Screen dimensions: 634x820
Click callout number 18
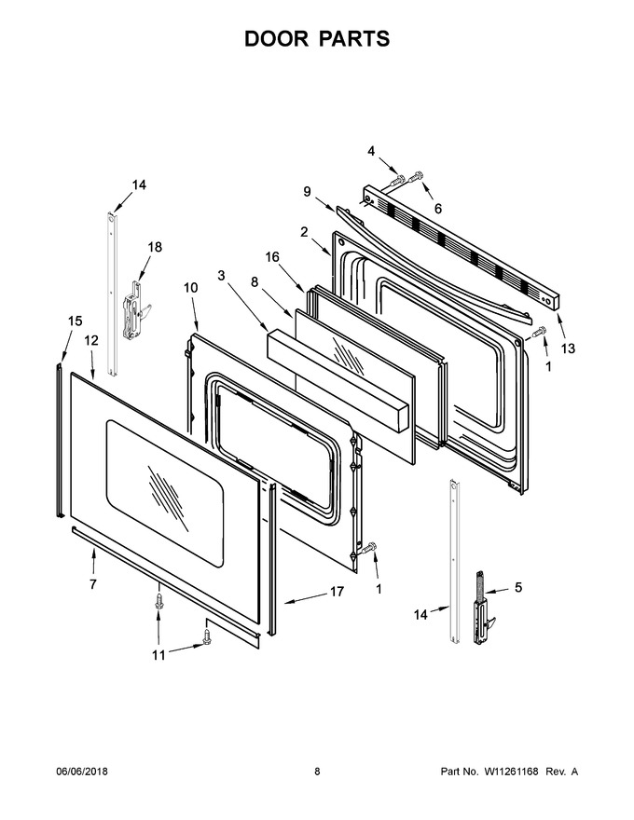[155, 247]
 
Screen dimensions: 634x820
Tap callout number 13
[568, 348]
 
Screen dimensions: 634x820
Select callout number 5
[517, 587]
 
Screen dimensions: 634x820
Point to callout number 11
[158, 655]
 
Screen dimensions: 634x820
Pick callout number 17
[337, 592]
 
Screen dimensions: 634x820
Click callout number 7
[93, 584]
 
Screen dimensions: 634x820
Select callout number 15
[76, 321]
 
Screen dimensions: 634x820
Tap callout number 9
[307, 192]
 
